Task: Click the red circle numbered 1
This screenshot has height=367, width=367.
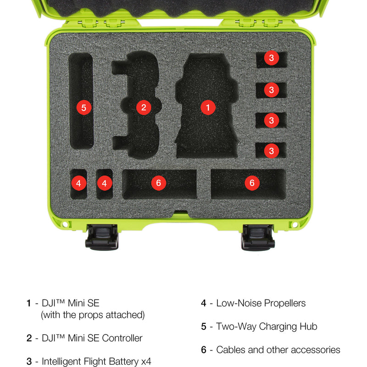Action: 208,107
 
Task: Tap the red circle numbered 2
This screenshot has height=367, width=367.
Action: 144,107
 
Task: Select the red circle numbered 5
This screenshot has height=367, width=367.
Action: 84,107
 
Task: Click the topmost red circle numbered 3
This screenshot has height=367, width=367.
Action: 272,58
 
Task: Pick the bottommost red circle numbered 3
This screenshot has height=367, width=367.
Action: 272,151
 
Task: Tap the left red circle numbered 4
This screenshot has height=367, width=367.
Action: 78,183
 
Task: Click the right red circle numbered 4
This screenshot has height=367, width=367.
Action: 105,183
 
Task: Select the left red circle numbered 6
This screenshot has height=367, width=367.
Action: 158,183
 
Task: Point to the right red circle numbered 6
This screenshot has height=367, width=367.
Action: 252,183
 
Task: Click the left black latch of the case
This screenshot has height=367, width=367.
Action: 102,237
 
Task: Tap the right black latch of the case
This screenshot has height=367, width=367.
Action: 258,237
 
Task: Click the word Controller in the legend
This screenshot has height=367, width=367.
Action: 122,338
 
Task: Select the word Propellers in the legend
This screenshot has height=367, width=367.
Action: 285,303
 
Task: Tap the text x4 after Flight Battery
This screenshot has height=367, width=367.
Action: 146,361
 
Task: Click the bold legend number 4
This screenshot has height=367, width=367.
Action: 204,303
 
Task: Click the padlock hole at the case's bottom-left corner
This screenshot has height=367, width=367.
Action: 66,225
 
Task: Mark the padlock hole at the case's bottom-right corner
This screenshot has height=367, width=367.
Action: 295,225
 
